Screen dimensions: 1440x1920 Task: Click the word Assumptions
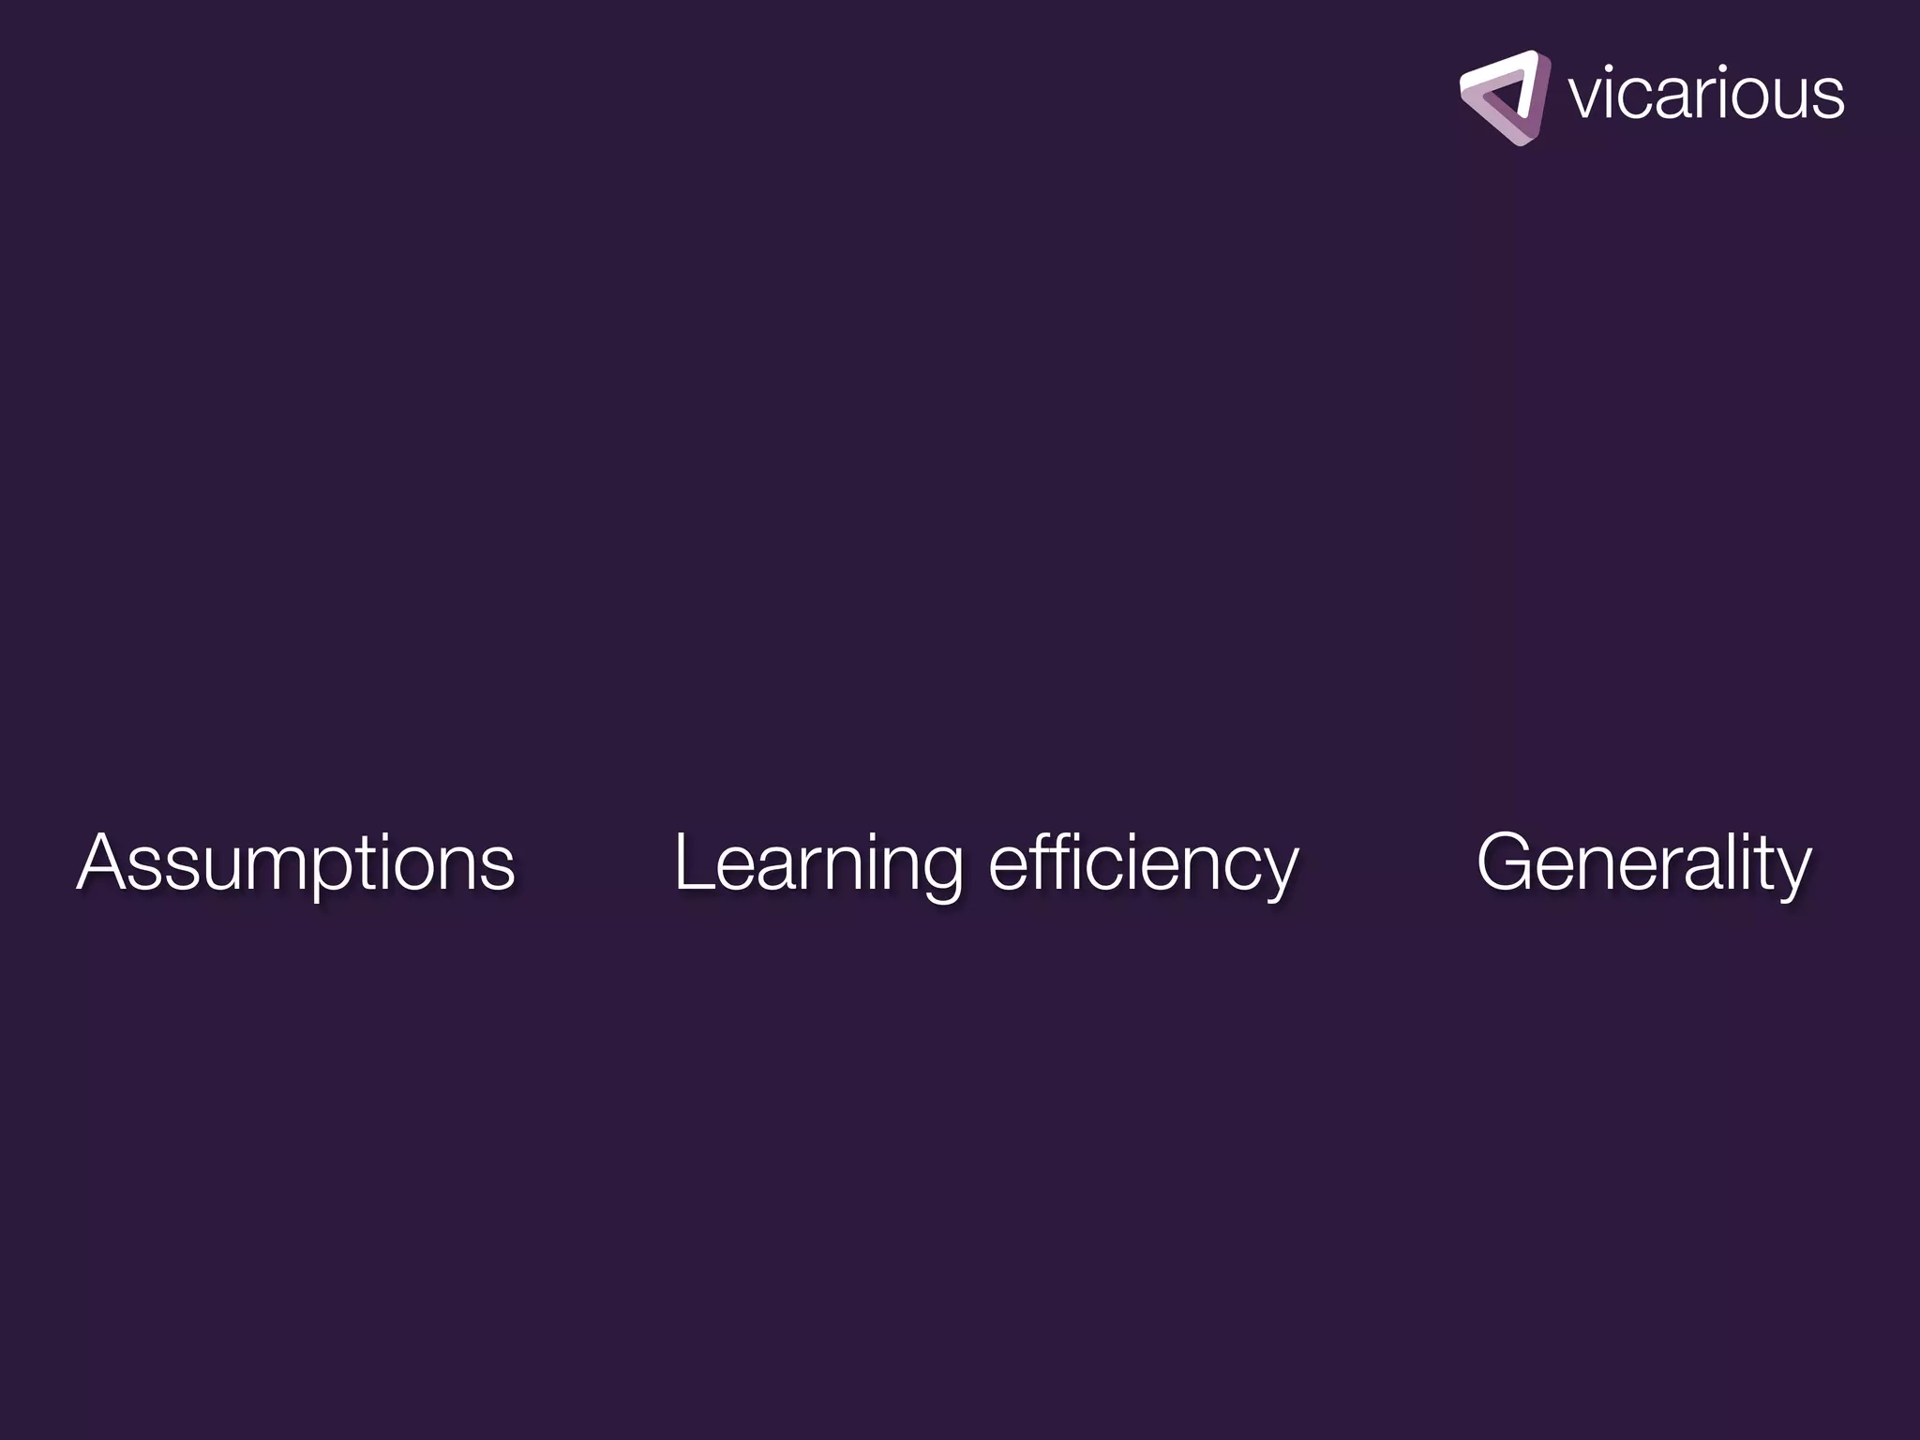coord(295,862)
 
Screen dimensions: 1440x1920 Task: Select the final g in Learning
coord(940,872)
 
